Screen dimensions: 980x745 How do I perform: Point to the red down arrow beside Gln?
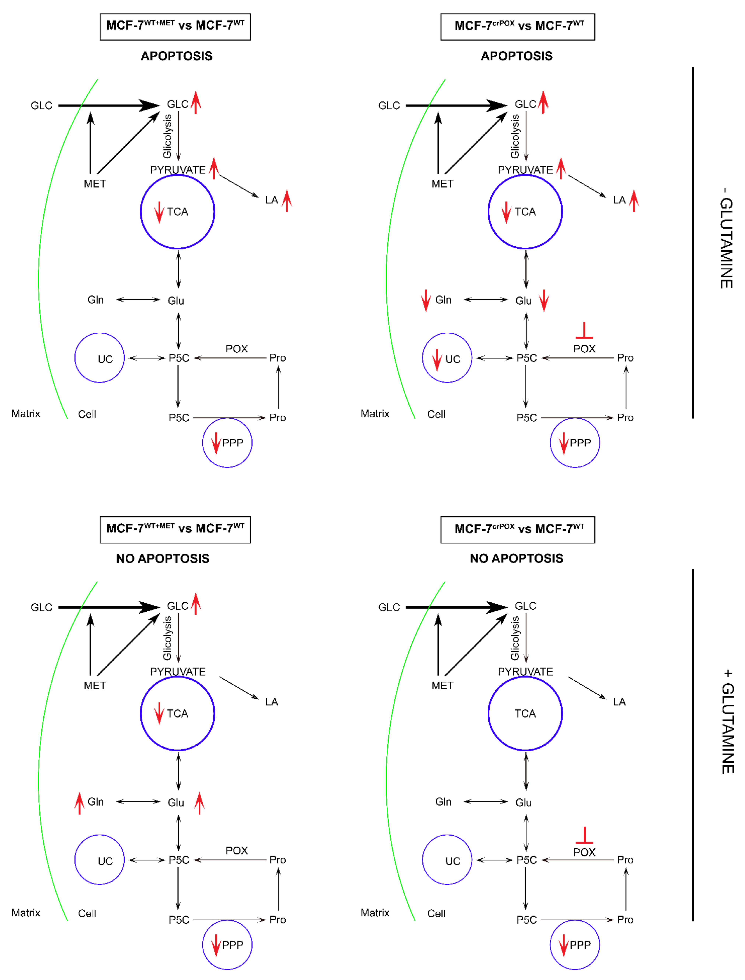426,300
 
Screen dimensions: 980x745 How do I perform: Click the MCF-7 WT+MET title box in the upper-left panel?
175,27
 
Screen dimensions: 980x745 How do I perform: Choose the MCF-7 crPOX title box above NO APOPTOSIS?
518,530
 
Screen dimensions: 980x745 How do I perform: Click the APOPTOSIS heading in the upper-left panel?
177,56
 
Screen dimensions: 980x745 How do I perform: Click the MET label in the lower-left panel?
95,686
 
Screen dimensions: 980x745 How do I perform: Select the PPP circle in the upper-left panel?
227,443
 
